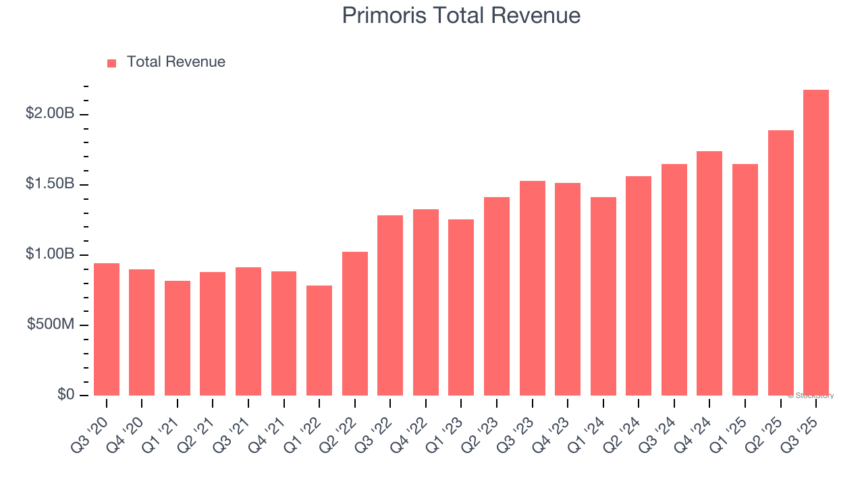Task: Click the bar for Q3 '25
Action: click(x=816, y=243)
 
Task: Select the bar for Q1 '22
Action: click(x=319, y=341)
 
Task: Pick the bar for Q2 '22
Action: click(x=355, y=324)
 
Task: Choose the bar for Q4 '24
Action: click(x=709, y=273)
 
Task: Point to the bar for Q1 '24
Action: click(x=603, y=297)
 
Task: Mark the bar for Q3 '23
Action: click(x=533, y=288)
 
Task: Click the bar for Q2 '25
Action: click(x=780, y=263)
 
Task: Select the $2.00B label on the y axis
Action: click(x=50, y=113)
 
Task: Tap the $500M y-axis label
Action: click(x=51, y=325)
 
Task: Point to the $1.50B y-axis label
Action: click(x=50, y=184)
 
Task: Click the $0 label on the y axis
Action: click(x=65, y=394)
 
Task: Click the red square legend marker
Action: click(x=112, y=63)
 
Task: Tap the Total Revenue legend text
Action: click(x=175, y=62)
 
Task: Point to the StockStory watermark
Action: click(x=811, y=396)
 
